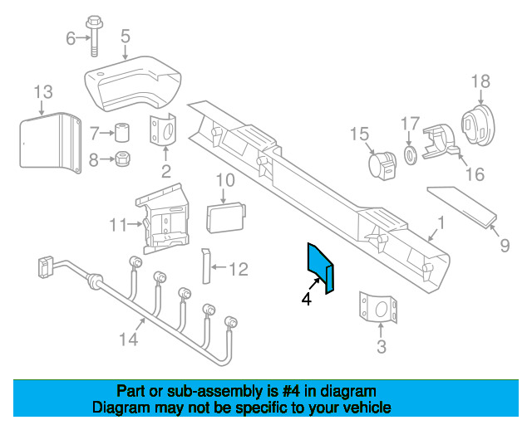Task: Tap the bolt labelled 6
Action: tap(94, 36)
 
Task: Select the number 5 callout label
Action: tap(126, 36)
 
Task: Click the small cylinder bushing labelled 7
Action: tap(122, 133)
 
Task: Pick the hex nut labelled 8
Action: tap(123, 159)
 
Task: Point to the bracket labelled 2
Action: tap(163, 131)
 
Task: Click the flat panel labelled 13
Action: tap(51, 142)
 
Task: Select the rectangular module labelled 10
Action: tap(226, 217)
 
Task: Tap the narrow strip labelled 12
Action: tap(206, 266)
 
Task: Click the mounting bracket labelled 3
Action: tap(378, 307)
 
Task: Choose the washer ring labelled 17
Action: tap(410, 156)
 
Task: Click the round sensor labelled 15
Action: tap(382, 165)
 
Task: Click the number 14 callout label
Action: tap(129, 339)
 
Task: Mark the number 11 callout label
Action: tap(117, 225)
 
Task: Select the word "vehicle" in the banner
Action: tap(369, 407)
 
